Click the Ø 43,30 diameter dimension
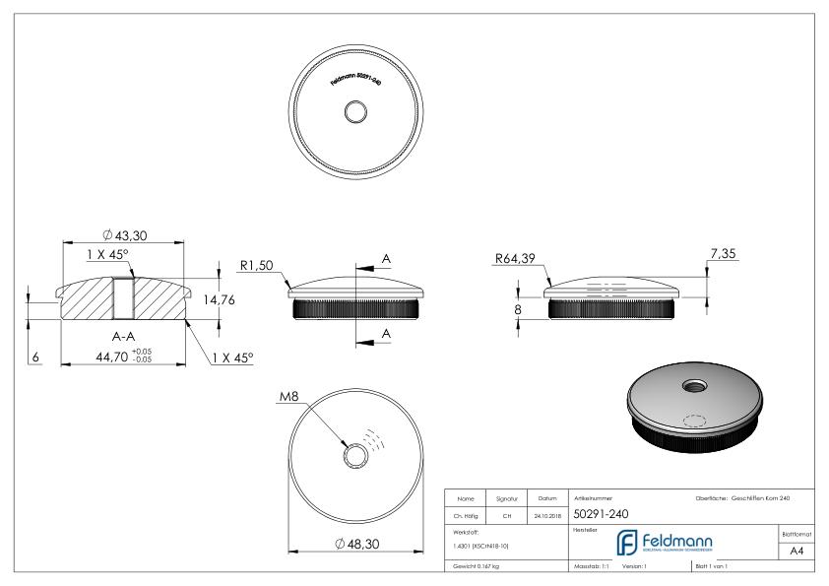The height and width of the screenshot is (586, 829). coord(124,235)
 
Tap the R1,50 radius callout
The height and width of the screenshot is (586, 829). coord(256,264)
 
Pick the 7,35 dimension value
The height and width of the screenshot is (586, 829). coord(721,253)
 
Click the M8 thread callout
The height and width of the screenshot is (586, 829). coord(288,397)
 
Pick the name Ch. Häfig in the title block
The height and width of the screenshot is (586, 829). coord(469,514)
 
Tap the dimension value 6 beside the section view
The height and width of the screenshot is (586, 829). coord(35,358)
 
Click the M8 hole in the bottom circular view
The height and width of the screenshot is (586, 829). coord(351,454)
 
